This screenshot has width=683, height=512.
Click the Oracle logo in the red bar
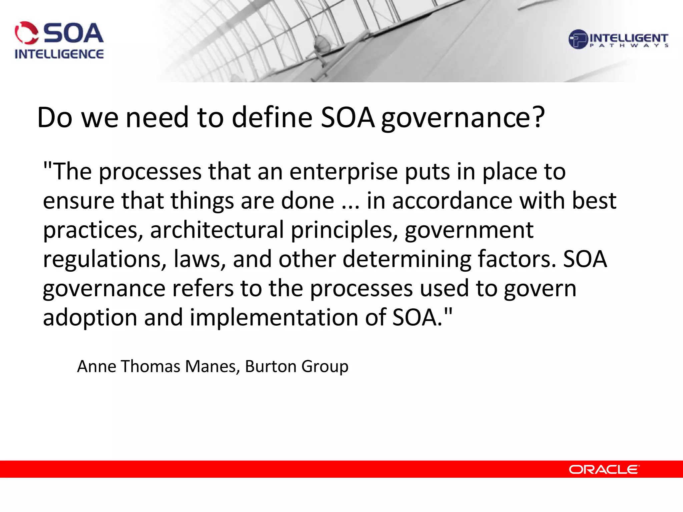[x=604, y=469]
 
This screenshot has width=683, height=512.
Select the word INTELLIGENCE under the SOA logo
[x=59, y=54]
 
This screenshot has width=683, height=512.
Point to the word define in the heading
[x=272, y=117]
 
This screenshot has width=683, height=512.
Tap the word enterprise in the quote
[x=344, y=172]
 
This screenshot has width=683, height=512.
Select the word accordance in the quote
[x=452, y=201]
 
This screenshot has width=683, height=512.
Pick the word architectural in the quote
[x=217, y=230]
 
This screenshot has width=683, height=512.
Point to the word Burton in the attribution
[x=270, y=366]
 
